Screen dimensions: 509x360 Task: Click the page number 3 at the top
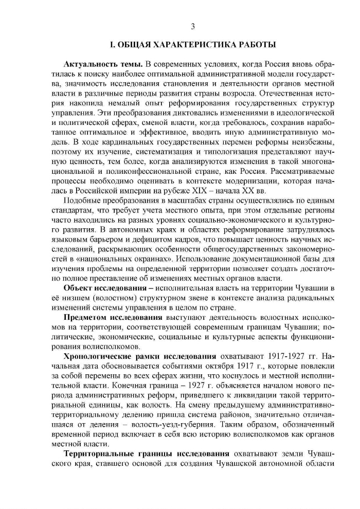[x=193, y=27]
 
